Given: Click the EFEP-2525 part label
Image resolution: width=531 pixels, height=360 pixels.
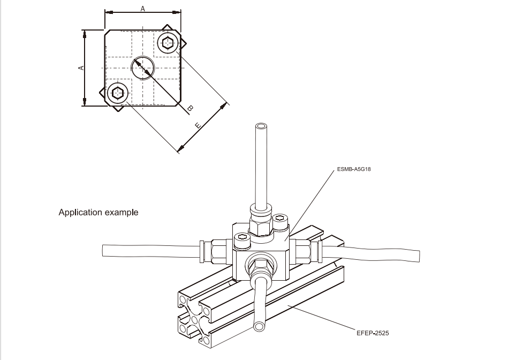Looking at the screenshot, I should point(373,333).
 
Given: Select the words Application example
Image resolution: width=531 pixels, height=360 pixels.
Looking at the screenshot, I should point(98,212).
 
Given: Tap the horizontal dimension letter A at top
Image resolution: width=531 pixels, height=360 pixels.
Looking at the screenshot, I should point(142,8).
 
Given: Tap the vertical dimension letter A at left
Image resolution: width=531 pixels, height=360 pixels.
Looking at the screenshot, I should point(81,67).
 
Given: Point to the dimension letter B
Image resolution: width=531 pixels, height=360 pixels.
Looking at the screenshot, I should point(189,109).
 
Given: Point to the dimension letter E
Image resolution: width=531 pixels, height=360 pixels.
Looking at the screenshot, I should point(197,125).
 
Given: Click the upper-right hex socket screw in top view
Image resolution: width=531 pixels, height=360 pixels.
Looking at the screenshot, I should point(169,42).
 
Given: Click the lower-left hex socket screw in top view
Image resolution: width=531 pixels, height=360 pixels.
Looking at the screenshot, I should point(118,93).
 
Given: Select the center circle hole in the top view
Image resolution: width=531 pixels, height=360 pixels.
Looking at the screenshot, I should point(143,67).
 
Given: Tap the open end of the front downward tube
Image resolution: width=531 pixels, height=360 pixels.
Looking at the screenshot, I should point(260,326).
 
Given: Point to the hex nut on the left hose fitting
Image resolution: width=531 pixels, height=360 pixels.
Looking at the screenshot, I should point(219,250).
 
